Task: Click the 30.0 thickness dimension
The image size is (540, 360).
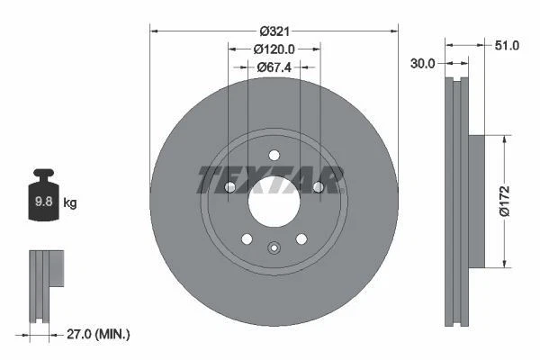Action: point(423,63)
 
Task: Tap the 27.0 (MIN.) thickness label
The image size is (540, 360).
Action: point(99,334)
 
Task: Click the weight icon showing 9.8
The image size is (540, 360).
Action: point(44,199)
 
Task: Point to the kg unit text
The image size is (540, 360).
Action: point(70,203)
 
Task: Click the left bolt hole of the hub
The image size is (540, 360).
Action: point(230,187)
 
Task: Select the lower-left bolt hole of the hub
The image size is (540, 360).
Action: point(247,238)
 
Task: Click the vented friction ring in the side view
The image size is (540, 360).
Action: point(456,202)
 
